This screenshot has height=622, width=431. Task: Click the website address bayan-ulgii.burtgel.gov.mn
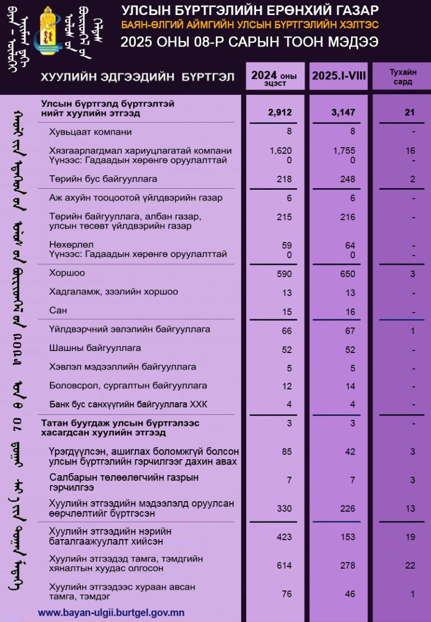(x=111, y=612)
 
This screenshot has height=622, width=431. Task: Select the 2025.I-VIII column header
(x=339, y=76)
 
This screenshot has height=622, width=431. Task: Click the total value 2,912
(x=281, y=112)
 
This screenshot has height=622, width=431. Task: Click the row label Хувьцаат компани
(x=90, y=132)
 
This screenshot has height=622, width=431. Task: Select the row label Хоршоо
(x=67, y=273)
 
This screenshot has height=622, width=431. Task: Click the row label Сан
(x=58, y=310)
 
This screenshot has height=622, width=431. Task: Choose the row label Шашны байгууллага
(x=95, y=348)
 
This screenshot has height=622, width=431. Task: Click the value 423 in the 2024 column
(x=284, y=537)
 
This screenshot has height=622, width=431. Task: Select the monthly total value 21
(x=410, y=112)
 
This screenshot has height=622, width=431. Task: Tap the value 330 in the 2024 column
(x=284, y=508)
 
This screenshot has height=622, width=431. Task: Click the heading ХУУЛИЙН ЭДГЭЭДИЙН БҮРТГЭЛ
(x=137, y=77)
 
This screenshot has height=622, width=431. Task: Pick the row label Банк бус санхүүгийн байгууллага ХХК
(x=128, y=404)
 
